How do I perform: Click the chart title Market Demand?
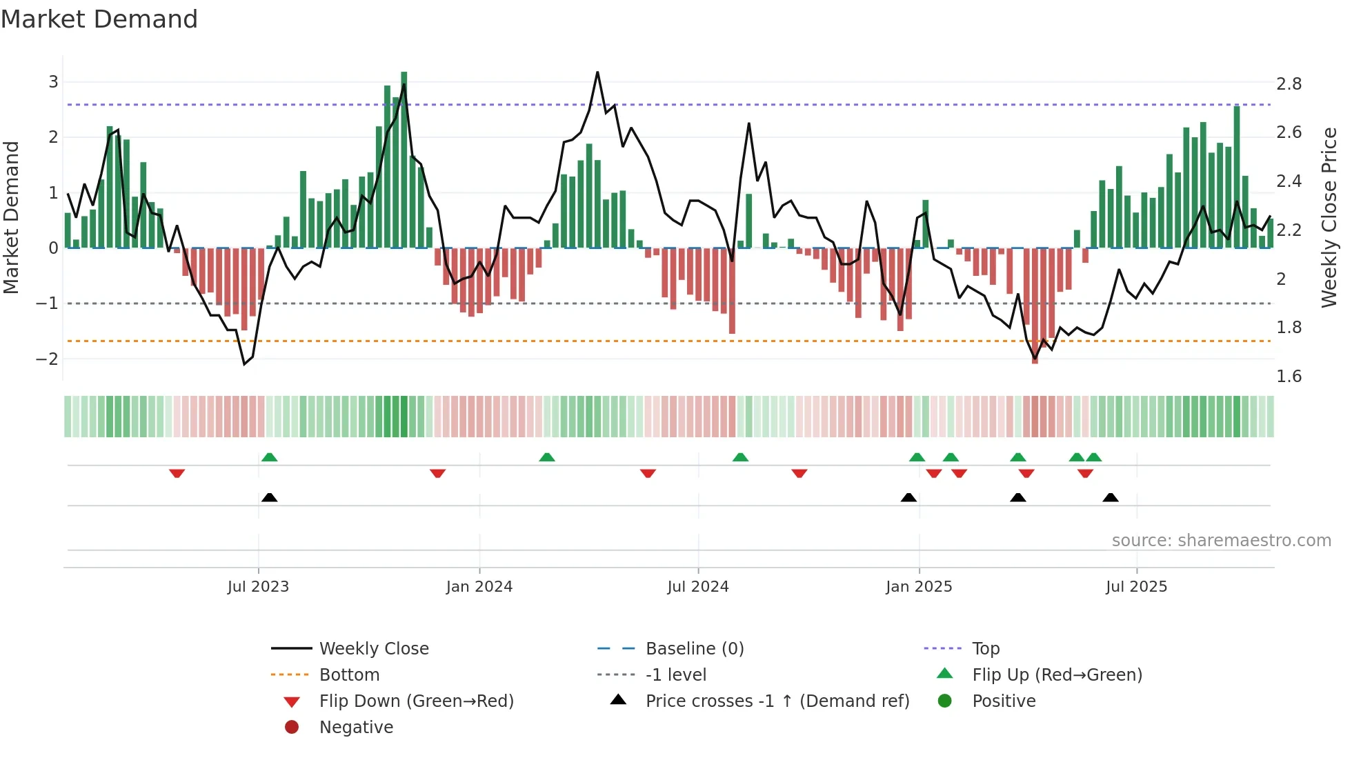click(99, 19)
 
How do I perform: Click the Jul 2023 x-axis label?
click(258, 587)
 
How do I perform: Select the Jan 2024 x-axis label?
click(479, 587)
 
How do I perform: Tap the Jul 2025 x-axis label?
click(1136, 587)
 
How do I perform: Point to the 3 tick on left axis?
click(53, 82)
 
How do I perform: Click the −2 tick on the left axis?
click(48, 359)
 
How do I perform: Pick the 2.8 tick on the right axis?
click(1289, 84)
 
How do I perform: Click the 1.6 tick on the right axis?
click(1289, 377)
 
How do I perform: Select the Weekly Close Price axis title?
click(1329, 217)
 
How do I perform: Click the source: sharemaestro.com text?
click(1221, 541)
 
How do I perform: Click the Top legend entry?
click(986, 649)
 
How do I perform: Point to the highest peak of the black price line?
click(597, 72)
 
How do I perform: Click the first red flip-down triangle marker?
click(177, 473)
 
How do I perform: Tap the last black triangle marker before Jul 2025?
click(1110, 497)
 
